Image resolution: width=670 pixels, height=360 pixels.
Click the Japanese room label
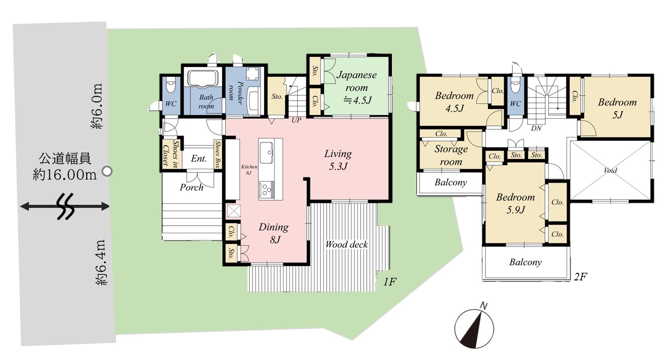click(357, 87)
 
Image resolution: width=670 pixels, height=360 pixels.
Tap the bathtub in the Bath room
click(202, 79)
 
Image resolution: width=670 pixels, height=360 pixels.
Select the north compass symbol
click(474, 327)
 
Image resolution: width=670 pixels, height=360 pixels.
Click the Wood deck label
click(346, 244)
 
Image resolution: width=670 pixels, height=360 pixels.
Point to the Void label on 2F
click(610, 170)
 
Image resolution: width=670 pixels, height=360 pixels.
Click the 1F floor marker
click(390, 281)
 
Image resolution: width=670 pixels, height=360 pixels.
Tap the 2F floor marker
click(580, 277)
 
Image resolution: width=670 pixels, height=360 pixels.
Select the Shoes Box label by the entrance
click(218, 154)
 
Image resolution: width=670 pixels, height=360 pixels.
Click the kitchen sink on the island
click(266, 152)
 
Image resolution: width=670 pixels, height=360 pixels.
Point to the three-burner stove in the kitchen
click(266, 189)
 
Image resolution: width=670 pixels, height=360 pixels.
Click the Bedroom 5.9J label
click(515, 203)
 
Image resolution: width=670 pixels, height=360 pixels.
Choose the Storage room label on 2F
click(451, 155)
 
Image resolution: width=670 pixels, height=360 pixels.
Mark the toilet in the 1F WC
click(171, 84)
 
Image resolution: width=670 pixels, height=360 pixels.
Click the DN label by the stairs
click(536, 128)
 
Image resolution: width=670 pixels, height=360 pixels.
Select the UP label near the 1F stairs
click(296, 120)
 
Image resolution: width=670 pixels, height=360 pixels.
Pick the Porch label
click(191, 188)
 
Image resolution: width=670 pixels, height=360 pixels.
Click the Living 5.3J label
click(338, 160)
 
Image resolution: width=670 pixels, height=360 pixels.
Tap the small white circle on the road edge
click(107, 171)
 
